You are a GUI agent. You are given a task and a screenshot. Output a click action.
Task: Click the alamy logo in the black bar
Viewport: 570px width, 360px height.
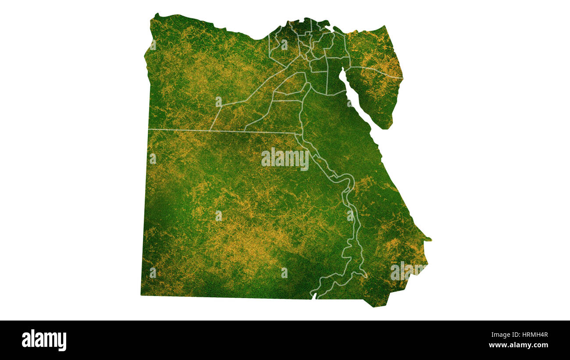44,340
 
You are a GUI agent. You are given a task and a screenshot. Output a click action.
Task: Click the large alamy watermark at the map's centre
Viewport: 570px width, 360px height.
285,159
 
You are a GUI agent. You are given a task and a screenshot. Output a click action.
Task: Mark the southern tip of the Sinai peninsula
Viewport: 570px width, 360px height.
386,128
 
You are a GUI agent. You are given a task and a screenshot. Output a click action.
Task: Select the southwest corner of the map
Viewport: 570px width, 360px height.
142,295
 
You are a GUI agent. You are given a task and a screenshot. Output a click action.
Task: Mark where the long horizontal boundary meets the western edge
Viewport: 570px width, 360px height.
149,129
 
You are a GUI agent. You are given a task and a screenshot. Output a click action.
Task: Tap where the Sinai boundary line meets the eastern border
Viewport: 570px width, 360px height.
402,78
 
